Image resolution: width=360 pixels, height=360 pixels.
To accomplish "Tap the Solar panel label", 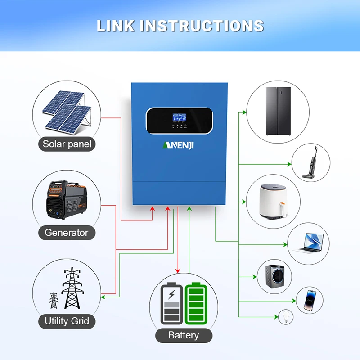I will [x=67, y=144].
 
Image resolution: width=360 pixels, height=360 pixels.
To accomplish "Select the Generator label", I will [x=67, y=233].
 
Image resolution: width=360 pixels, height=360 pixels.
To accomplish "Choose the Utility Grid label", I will [x=67, y=321].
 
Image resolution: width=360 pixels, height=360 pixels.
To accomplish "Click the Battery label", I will [x=183, y=335].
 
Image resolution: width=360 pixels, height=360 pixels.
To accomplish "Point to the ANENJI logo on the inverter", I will [x=179, y=145].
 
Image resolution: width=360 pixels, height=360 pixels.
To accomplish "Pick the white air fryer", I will [x=273, y=202].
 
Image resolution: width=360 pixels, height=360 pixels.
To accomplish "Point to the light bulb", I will [x=284, y=317].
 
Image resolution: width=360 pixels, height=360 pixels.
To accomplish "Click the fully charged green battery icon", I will [x=195, y=303].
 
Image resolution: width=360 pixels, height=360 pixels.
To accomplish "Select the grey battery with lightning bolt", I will [x=171, y=303].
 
